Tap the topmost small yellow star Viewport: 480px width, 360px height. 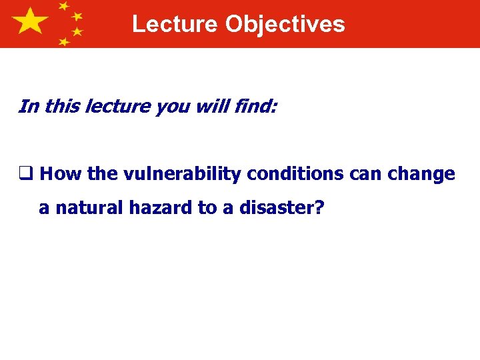pyautogui.click(x=64, y=7)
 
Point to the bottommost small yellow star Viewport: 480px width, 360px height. pyautogui.click(x=64, y=42)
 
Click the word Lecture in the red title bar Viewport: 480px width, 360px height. pyautogui.click(x=175, y=24)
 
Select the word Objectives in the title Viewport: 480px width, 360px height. pyautogui.click(x=285, y=24)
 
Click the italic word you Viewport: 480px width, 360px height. pyautogui.click(x=170, y=107)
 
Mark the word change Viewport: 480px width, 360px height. pyautogui.click(x=423, y=175)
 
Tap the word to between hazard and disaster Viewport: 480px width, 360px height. pyautogui.click(x=206, y=208)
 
